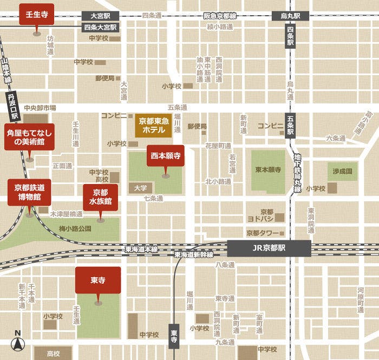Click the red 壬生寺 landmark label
point(36,15)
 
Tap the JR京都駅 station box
point(269,248)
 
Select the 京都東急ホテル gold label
point(154,125)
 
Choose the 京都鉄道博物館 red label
point(29,192)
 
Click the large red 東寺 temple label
point(98,280)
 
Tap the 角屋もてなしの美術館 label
point(29,136)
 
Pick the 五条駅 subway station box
point(290,125)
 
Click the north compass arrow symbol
point(17,342)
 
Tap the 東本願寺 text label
point(268,170)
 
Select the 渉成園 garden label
point(342,171)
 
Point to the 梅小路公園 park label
point(75,228)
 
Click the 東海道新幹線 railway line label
point(193,255)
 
